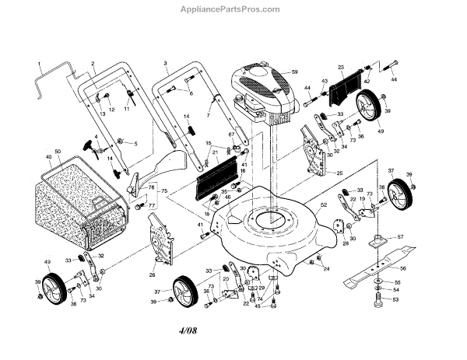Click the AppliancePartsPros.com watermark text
point(233,9)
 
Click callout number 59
point(295,72)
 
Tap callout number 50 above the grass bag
point(58,150)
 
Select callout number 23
point(340,68)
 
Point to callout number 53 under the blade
point(395,299)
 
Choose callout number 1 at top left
point(38,61)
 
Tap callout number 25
point(339,172)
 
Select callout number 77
point(152,205)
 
